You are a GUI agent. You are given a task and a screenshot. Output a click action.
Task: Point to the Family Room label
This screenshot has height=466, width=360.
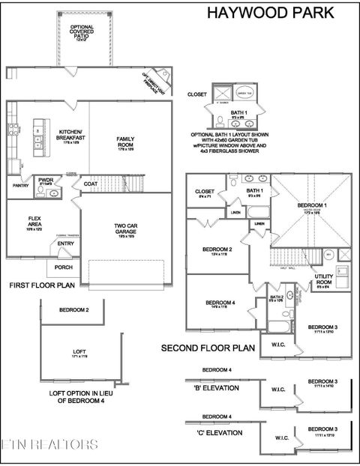tap(125, 142)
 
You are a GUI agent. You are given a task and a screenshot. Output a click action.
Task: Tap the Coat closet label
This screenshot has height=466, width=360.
tap(91, 184)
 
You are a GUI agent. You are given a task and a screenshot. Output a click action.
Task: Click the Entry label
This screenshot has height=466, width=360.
tap(65, 243)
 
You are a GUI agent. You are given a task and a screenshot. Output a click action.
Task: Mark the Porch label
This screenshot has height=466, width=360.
tap(64, 267)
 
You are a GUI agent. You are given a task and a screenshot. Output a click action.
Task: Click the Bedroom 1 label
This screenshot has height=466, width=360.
tap(310, 205)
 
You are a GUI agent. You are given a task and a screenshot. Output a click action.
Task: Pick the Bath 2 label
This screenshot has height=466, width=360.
tap(275, 297)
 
